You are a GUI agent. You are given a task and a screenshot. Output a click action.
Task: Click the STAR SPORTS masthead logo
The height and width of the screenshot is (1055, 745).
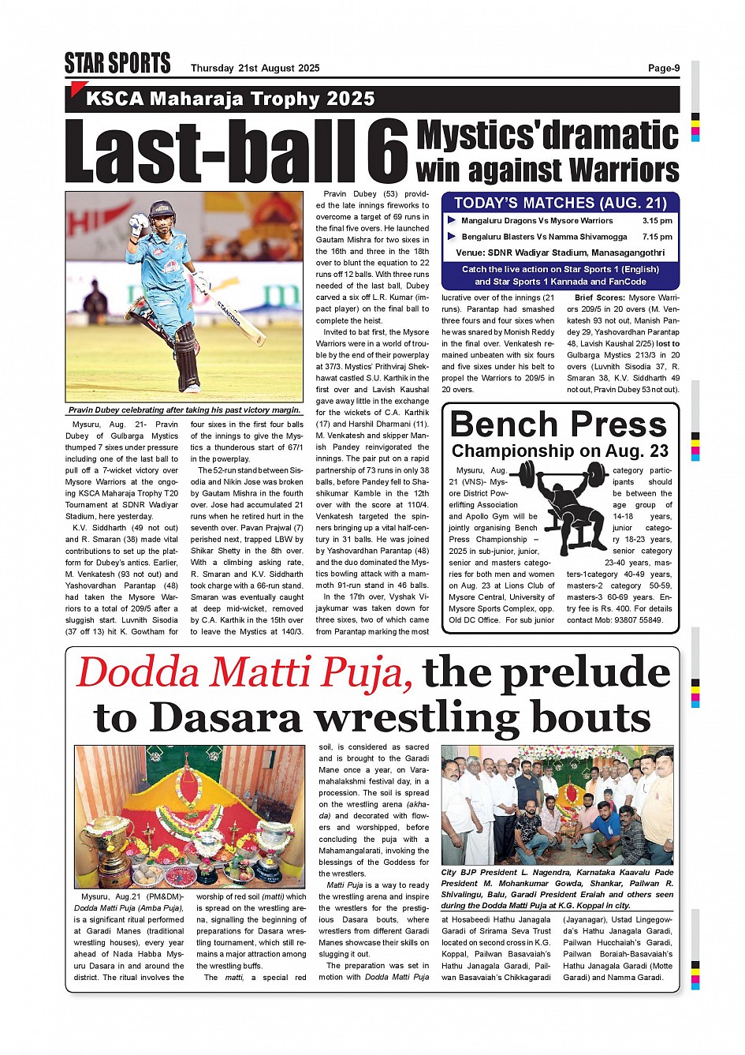pos(117,63)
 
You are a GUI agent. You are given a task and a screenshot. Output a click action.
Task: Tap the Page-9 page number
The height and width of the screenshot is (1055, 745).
pos(663,68)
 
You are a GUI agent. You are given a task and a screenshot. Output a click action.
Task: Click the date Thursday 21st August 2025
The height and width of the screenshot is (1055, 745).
pos(255,68)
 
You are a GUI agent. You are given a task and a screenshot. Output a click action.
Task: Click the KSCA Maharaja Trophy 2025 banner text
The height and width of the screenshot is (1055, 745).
pos(230,99)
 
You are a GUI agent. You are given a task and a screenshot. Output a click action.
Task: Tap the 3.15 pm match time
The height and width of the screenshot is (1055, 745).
pos(657,221)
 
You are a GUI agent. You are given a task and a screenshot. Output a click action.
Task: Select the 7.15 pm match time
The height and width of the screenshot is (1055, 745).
pos(657,237)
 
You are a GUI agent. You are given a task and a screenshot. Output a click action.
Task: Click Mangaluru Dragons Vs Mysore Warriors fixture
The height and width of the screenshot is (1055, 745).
pos(537,221)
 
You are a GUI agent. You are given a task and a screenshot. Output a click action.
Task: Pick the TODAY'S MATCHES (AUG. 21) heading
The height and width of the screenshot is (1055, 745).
pos(560,203)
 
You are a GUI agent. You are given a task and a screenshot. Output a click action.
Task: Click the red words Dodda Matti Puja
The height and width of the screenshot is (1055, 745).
pos(244,673)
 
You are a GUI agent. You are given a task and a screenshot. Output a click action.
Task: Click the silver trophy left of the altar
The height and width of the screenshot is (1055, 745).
pos(103,844)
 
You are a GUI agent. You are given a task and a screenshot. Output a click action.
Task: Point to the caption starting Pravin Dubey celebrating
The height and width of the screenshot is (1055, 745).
pos(184,410)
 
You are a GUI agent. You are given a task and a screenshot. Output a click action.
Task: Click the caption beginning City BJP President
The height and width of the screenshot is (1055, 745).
pos(557,889)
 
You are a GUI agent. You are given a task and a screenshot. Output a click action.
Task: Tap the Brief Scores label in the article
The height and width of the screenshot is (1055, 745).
pos(599,298)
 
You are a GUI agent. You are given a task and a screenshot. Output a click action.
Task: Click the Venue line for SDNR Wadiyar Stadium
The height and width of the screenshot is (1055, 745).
pos(560,253)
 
